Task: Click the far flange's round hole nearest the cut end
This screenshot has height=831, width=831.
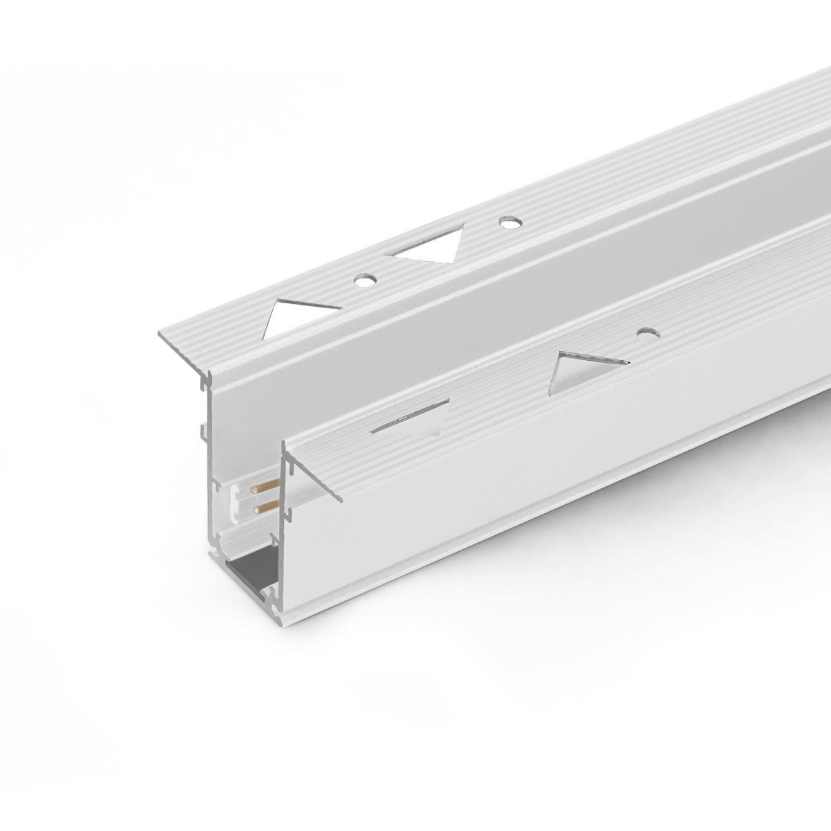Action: (364, 280)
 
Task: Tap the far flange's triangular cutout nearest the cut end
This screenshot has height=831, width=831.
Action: (301, 313)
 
